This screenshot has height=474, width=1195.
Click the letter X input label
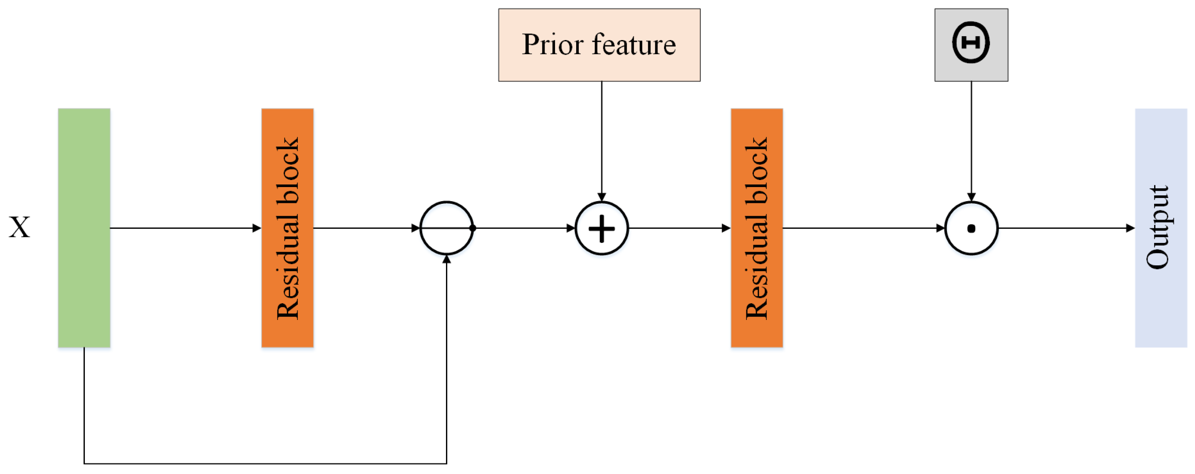pyautogui.click(x=19, y=228)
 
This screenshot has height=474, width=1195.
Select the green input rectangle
pyautogui.click(x=84, y=228)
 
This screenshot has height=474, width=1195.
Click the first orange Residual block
pyautogui.click(x=287, y=228)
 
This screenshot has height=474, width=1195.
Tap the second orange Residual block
pyautogui.click(x=756, y=228)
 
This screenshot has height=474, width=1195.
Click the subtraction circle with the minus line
pyautogui.click(x=446, y=228)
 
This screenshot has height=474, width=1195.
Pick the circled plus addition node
pyautogui.click(x=601, y=228)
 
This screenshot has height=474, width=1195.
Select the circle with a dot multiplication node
pyautogui.click(x=971, y=228)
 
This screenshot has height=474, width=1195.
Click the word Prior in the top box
pyautogui.click(x=552, y=44)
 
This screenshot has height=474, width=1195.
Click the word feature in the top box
pyautogui.click(x=634, y=44)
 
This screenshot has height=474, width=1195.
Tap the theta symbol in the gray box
pyautogui.click(x=971, y=43)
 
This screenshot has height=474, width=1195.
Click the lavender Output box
pyautogui.click(x=1161, y=228)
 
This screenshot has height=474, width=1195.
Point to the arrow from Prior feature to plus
pyautogui.click(x=602, y=139)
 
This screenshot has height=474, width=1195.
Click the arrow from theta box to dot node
pyautogui.click(x=971, y=139)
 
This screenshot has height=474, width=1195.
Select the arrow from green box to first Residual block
pyautogui.click(x=186, y=228)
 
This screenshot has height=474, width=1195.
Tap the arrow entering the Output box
pyautogui.click(x=1067, y=228)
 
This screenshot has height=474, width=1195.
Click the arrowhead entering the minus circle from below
pyautogui.click(x=446, y=259)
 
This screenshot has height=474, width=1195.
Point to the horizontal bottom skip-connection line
pyautogui.click(x=264, y=463)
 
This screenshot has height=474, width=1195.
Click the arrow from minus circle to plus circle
pyautogui.click(x=524, y=228)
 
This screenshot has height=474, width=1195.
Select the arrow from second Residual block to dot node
pyautogui.click(x=863, y=228)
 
